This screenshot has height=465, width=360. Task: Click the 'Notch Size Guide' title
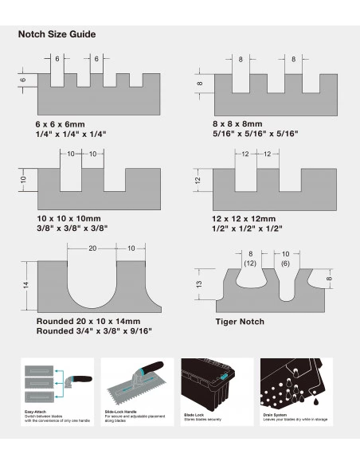pyautogui.click(x=57, y=34)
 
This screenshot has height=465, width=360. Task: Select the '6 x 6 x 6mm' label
pyautogui.click(x=61, y=125)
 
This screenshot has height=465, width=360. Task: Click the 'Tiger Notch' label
pyautogui.click(x=240, y=322)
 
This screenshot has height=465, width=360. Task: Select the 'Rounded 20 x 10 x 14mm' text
pyautogui.click(x=88, y=321)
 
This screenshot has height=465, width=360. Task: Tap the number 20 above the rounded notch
pyautogui.click(x=92, y=248)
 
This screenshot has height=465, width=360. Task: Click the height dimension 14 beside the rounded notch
pyautogui.click(x=25, y=285)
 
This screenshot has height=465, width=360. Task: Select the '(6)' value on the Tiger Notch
pyautogui.click(x=285, y=262)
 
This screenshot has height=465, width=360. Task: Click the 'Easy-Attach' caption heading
pyautogui.click(x=36, y=412)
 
